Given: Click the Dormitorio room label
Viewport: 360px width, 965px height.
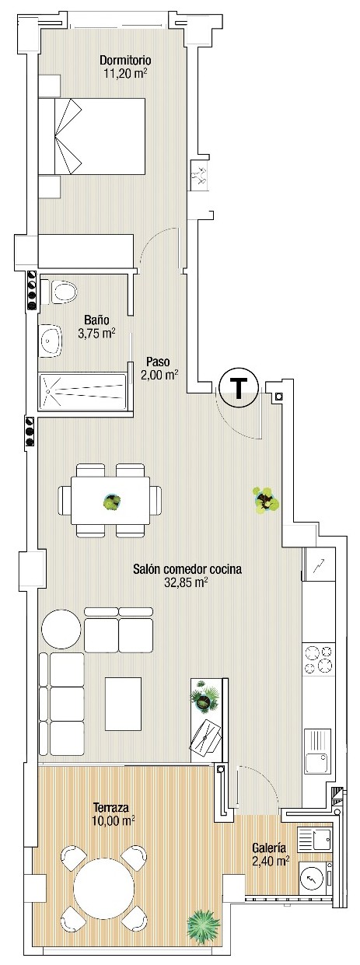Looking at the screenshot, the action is tap(125, 59).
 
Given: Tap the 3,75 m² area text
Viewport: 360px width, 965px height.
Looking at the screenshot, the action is tap(97, 334).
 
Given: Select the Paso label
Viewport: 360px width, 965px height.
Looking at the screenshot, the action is tap(158, 361).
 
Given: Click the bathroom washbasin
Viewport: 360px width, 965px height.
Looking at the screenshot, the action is tap(51, 341).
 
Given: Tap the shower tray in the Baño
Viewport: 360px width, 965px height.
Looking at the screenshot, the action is tap(83, 391).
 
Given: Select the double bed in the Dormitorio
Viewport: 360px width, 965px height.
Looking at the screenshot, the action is tap(92, 136).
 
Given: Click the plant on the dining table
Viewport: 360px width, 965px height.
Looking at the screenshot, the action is tap(112, 502).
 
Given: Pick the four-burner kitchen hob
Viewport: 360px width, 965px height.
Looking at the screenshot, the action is tap(319, 659).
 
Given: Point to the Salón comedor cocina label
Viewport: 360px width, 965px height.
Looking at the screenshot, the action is tap(187, 569).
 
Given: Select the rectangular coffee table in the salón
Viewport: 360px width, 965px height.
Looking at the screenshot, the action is tap(123, 704).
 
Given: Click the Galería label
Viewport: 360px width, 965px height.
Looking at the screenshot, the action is tap(269, 848).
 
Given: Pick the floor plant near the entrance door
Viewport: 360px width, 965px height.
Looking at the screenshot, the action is tap(265, 500).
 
